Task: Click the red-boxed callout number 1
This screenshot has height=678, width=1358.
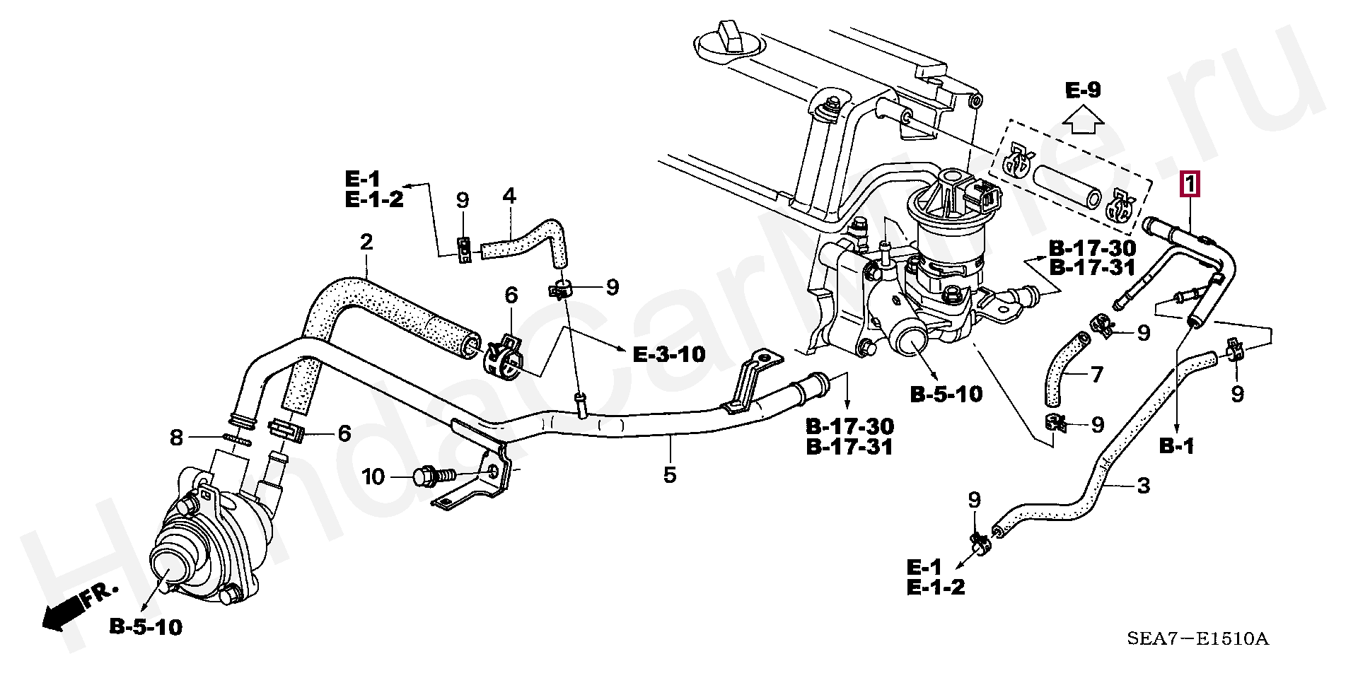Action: click(x=1190, y=185)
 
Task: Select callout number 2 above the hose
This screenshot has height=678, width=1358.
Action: click(x=366, y=242)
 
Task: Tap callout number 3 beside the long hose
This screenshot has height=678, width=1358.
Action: click(x=1144, y=486)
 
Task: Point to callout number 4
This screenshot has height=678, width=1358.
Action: click(x=509, y=196)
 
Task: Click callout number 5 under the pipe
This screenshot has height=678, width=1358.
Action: click(x=669, y=474)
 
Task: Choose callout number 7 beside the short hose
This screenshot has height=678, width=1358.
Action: click(x=1096, y=374)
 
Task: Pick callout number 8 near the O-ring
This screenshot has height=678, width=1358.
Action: click(x=176, y=438)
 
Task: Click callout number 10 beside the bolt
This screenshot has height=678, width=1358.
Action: click(x=373, y=477)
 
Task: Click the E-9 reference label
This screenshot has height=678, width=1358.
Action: click(x=1084, y=90)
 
